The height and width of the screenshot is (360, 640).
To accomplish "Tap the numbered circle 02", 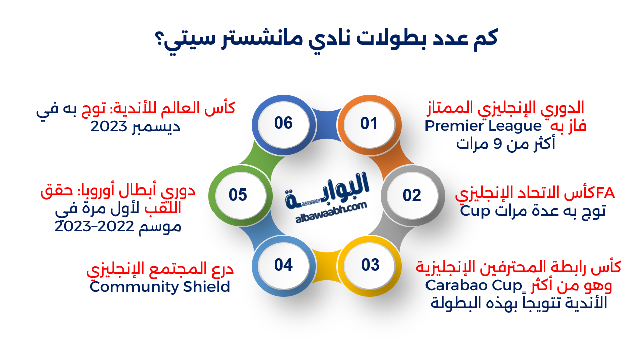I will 412,195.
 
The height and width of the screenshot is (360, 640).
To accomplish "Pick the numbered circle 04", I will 283,265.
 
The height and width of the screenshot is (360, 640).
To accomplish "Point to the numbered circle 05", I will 238,195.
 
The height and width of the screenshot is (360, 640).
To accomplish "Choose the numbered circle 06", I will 283,123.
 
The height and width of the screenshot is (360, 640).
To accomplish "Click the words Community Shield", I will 159,287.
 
